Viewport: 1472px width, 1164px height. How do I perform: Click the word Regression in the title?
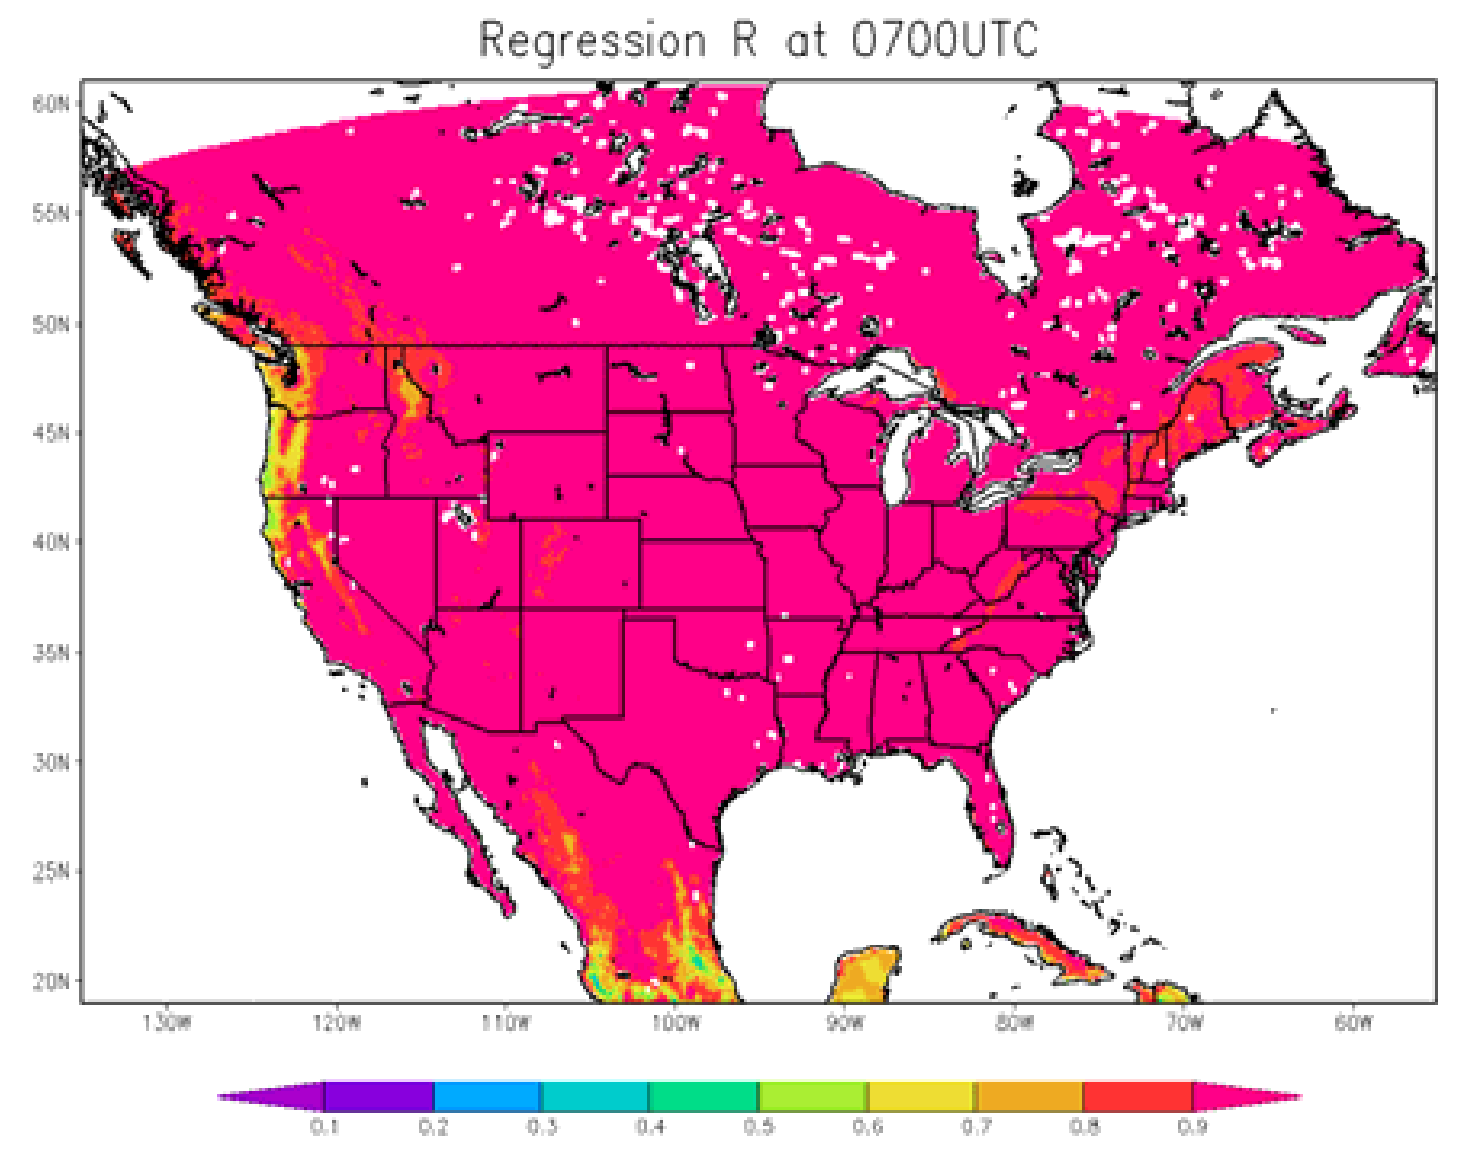593,40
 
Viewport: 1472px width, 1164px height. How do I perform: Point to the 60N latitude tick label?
51,104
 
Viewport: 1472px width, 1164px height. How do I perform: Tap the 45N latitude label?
51,433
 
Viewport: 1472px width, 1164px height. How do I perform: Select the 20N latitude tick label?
51,981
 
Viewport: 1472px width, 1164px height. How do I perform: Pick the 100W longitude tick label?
675,1023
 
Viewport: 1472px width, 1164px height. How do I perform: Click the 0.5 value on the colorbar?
758,1126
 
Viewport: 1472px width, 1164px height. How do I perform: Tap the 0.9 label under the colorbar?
1192,1126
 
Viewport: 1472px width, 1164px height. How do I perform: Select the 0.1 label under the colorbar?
324,1126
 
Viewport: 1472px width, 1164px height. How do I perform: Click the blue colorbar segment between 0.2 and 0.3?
487,1097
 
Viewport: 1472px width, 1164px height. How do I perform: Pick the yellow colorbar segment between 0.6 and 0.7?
921,1097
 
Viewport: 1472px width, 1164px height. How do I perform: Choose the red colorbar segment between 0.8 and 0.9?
1137,1097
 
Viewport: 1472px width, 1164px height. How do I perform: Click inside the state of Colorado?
580,562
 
